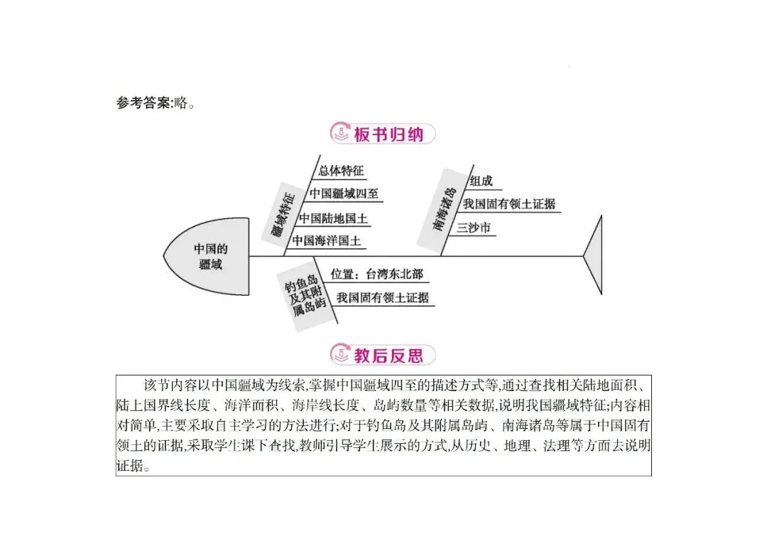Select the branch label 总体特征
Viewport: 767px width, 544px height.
pyautogui.click(x=341, y=171)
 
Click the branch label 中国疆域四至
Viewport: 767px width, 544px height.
pyautogui.click(x=344, y=193)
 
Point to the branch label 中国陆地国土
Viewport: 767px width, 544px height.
pyautogui.click(x=333, y=218)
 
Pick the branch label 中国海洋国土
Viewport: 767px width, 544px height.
pyautogui.click(x=326, y=241)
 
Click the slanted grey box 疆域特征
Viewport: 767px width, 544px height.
pyautogui.click(x=283, y=214)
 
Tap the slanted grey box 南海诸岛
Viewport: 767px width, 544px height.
pyautogui.click(x=443, y=209)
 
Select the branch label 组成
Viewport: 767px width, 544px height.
pyautogui.click(x=481, y=181)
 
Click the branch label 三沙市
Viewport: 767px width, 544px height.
pyautogui.click(x=474, y=228)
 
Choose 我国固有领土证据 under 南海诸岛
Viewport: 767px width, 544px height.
pyautogui.click(x=508, y=204)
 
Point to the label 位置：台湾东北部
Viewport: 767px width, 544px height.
pyautogui.click(x=376, y=274)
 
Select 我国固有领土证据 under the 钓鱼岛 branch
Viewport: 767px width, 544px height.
pyautogui.click(x=383, y=298)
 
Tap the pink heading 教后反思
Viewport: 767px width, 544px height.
pyautogui.click(x=388, y=355)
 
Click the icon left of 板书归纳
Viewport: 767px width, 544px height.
pyautogui.click(x=340, y=133)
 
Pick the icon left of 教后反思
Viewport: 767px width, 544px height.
pyautogui.click(x=340, y=354)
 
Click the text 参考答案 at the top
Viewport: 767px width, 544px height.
pyautogui.click(x=143, y=103)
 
